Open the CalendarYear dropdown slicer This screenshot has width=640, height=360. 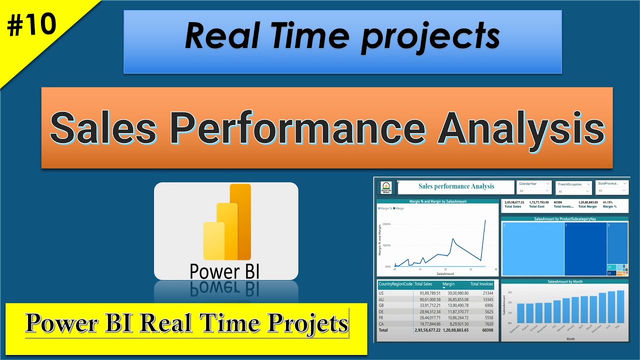coord(534,187)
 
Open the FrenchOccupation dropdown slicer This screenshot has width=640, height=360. coord(573,187)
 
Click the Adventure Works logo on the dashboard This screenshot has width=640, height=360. coord(386,187)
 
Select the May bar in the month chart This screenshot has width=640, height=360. coord(620,306)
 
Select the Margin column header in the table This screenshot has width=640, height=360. coord(448,284)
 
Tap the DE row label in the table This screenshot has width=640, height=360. coord(381,311)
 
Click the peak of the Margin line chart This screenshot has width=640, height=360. coord(485,220)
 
